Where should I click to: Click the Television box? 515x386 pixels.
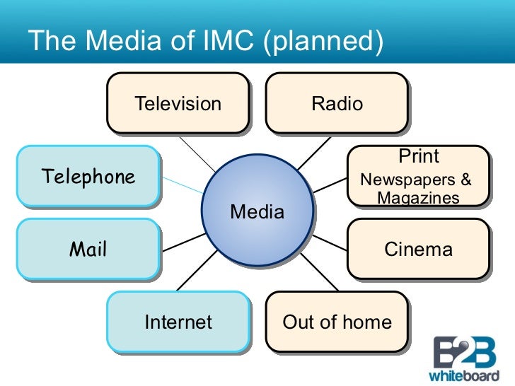[x=178, y=104]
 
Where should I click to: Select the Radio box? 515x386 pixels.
[x=337, y=104]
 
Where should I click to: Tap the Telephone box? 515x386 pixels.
[x=88, y=176]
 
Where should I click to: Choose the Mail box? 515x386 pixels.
[x=88, y=249]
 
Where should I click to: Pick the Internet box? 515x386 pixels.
[x=178, y=322]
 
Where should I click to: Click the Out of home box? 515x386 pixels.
[x=337, y=322]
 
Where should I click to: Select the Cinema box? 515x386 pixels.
[x=417, y=250]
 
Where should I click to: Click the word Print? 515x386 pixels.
[x=419, y=156]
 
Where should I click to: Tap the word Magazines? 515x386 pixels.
[x=418, y=199]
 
